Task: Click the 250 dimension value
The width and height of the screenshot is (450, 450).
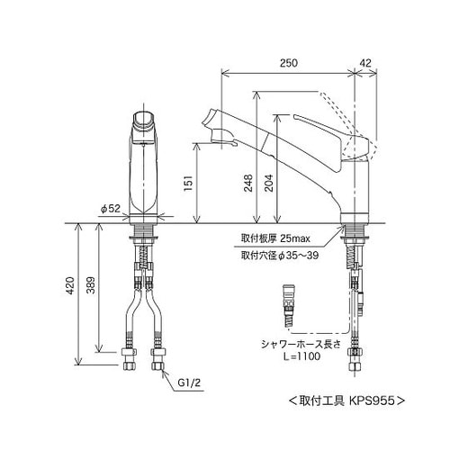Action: [288, 63]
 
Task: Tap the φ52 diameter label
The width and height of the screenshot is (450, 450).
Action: [110, 209]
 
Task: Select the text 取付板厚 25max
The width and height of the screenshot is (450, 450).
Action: [275, 238]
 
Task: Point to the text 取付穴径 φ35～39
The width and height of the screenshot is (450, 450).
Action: [280, 256]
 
